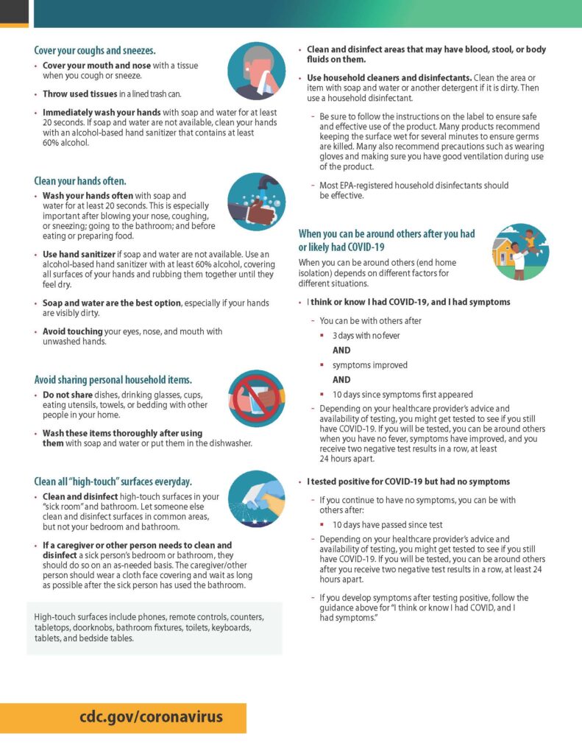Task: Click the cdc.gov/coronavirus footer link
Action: coord(152,716)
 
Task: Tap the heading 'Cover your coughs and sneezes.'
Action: coord(95,51)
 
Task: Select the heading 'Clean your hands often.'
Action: coord(80,180)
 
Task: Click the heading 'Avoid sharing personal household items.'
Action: coord(113,380)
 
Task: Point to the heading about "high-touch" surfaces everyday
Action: coord(113,482)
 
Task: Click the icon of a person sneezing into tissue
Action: coord(256,71)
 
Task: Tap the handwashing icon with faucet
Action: coord(256,202)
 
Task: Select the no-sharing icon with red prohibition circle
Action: coord(256,399)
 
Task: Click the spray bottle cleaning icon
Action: coord(256,500)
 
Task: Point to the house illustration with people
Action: coord(520,253)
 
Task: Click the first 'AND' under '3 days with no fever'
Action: coord(341,350)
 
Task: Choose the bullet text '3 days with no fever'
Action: coord(366,336)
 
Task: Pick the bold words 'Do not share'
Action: coord(68,395)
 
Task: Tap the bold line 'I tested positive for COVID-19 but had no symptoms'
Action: coord(408,482)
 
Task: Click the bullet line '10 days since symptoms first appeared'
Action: coord(402,394)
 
